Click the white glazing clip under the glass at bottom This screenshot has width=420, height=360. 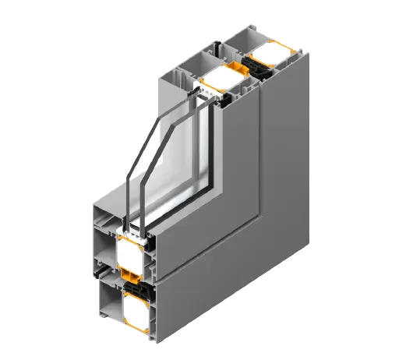coord(125,232)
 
